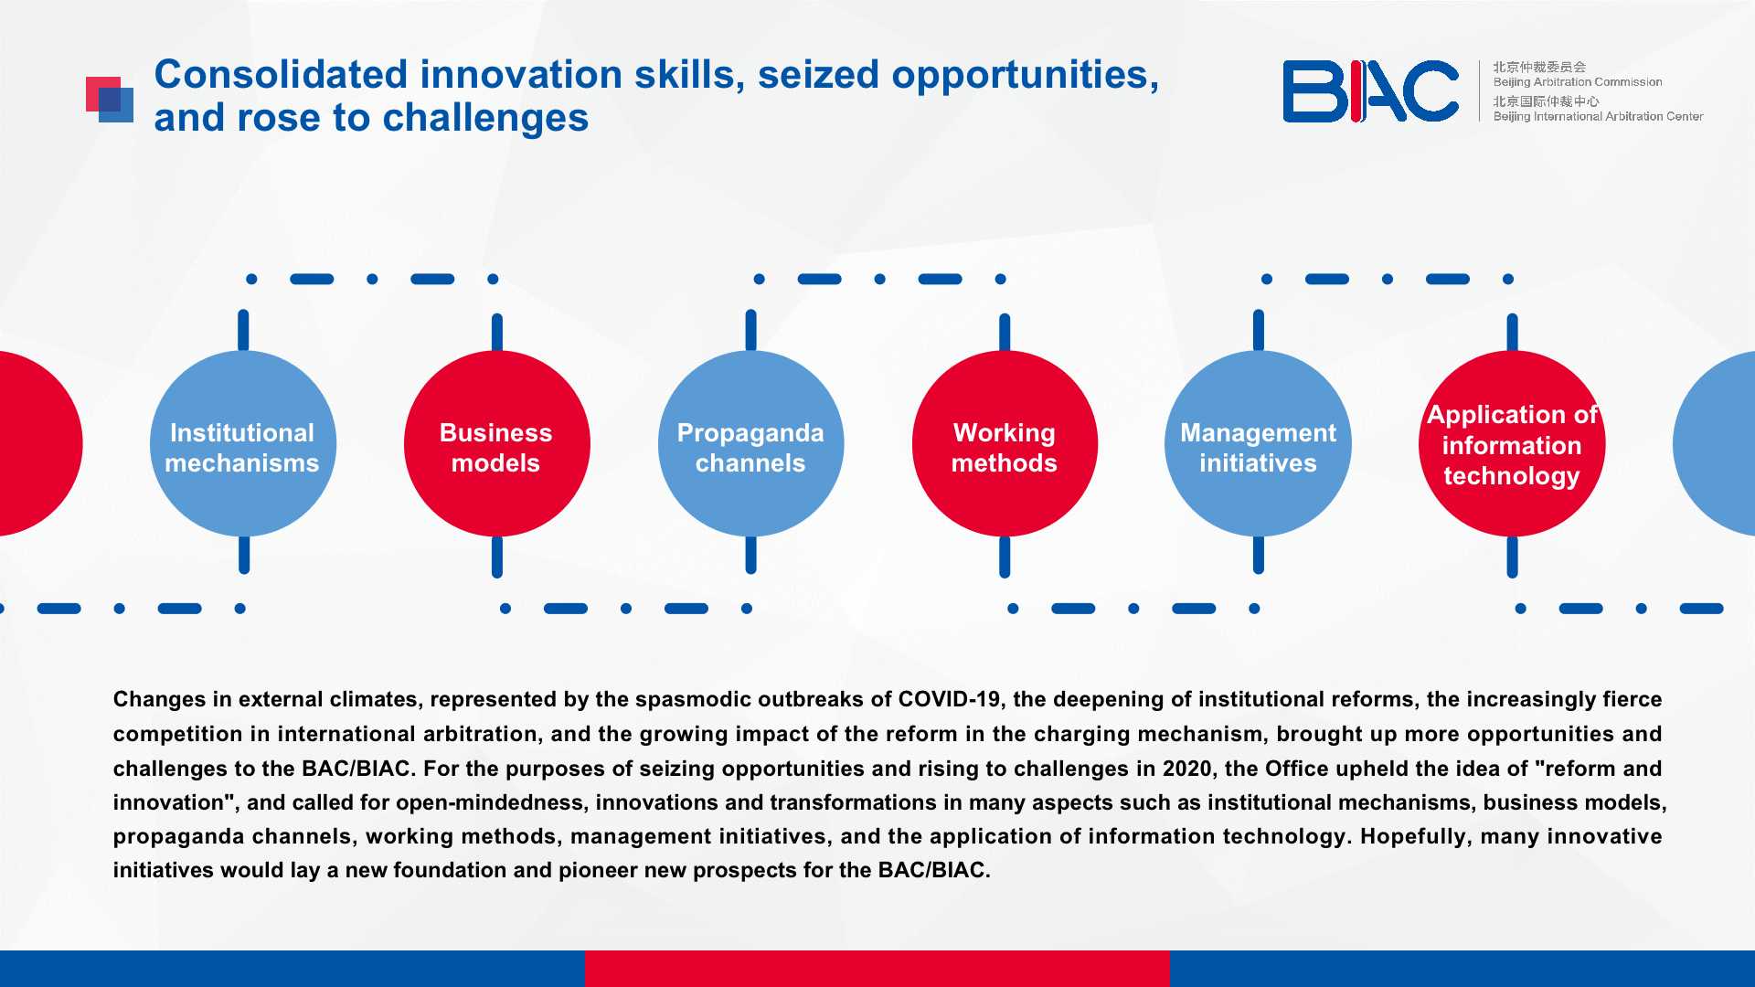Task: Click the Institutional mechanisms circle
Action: tap(243, 444)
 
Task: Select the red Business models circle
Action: tap(497, 444)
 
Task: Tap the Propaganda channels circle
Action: tap(750, 444)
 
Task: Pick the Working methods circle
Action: tap(1005, 444)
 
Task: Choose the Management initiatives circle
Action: tap(1259, 444)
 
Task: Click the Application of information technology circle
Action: tap(1512, 444)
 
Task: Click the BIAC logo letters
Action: tap(1370, 91)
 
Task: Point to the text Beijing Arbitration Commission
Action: tap(1578, 82)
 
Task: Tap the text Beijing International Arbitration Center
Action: tap(1598, 116)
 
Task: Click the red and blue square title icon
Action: tap(110, 100)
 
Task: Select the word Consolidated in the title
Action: tap(281, 74)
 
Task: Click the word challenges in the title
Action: tap(485, 119)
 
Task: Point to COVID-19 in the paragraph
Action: tap(949, 699)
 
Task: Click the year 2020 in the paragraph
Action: tap(1186, 769)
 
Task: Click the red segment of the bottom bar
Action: tap(877, 969)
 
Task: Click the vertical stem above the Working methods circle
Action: tap(1005, 332)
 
